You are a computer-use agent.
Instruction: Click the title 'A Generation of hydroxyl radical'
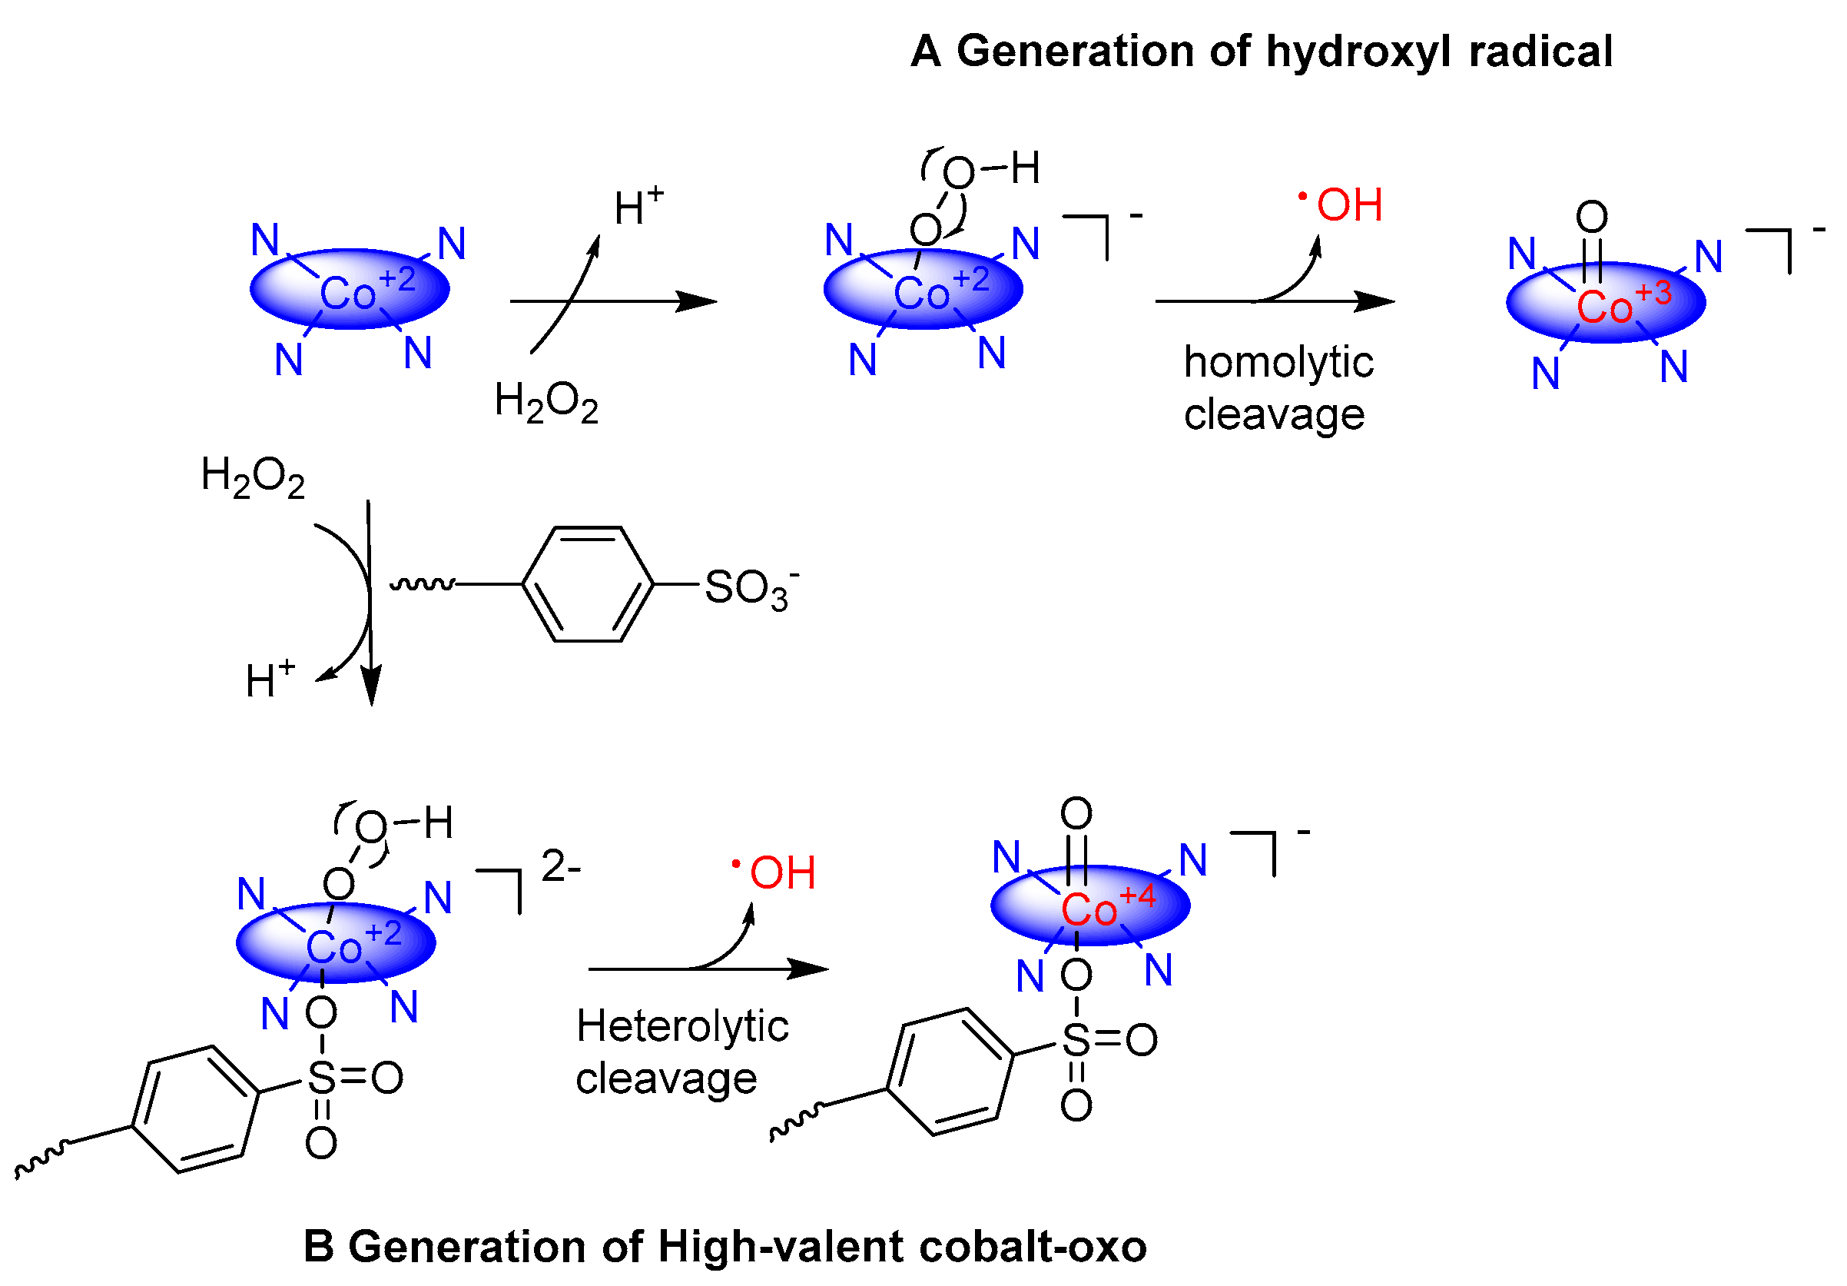point(1261,52)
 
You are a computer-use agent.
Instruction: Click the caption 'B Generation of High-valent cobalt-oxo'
point(725,1247)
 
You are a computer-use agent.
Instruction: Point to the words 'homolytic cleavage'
point(1278,388)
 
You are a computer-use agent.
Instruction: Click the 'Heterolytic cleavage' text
point(681,1052)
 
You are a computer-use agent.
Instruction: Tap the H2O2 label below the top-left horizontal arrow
point(546,401)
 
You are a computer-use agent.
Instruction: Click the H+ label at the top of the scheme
point(638,207)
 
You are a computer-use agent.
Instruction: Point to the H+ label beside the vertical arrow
point(270,680)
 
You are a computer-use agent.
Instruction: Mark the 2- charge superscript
point(561,867)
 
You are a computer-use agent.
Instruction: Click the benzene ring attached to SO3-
point(588,584)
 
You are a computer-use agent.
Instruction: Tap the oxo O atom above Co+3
point(1591,217)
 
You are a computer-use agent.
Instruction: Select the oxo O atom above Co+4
point(1076,813)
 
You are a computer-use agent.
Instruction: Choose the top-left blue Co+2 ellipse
point(350,289)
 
